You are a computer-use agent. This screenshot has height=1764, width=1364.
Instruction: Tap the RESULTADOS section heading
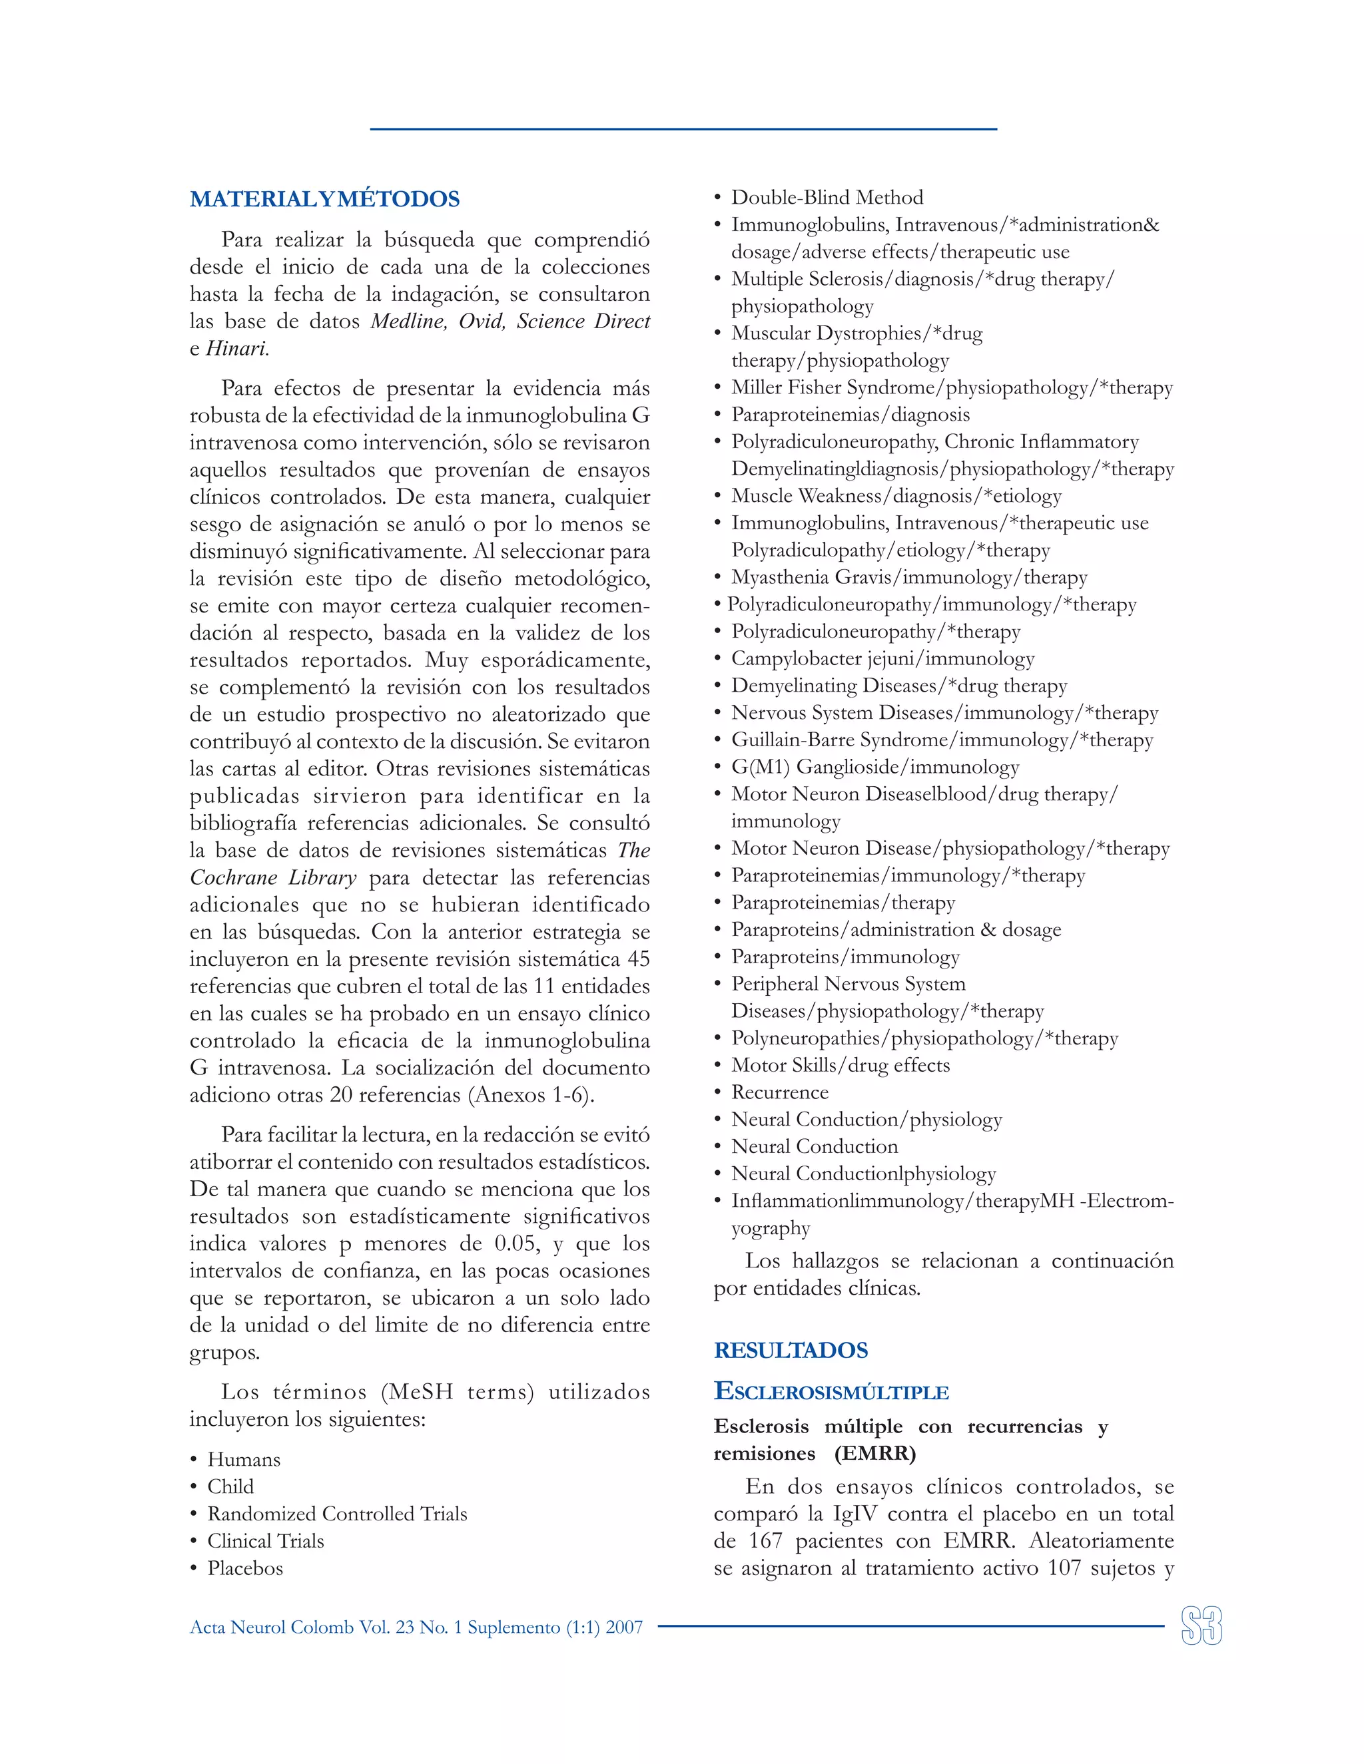pyautogui.click(x=791, y=1350)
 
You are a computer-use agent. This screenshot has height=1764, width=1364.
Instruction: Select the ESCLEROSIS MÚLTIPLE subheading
pyautogui.click(x=831, y=1392)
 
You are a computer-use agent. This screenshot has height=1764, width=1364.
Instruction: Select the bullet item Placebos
pyautogui.click(x=245, y=1568)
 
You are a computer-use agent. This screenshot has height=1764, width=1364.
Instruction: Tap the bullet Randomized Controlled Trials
pyautogui.click(x=337, y=1513)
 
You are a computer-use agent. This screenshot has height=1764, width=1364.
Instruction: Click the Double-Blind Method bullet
pyautogui.click(x=827, y=197)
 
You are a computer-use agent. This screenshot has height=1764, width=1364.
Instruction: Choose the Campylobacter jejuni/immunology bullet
pyautogui.click(x=882, y=658)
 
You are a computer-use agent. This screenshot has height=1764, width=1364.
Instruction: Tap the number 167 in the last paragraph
pyautogui.click(x=765, y=1540)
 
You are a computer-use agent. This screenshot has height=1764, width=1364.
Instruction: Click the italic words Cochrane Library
pyautogui.click(x=273, y=877)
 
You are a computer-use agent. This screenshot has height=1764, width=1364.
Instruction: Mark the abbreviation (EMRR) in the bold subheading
pyautogui.click(x=875, y=1453)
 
